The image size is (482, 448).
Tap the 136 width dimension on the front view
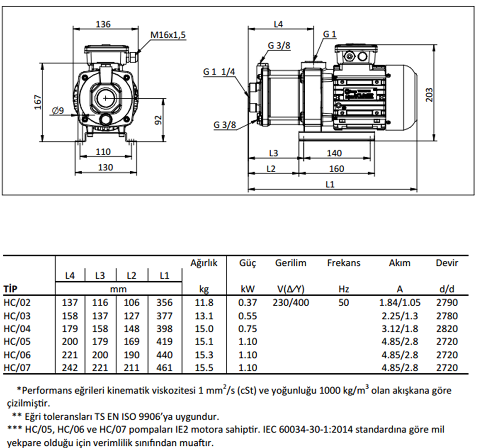[x=104, y=24]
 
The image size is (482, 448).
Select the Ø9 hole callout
[x=58, y=110]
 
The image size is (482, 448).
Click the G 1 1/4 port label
[x=219, y=72]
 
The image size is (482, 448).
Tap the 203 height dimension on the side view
[x=430, y=94]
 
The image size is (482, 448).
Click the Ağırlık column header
[x=204, y=263]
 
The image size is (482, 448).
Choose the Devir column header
[x=447, y=263]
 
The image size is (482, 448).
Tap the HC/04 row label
[x=17, y=328]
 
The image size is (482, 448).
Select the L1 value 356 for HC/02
[x=164, y=302]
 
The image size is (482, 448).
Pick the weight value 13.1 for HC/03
[x=204, y=316]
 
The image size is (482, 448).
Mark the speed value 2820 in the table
[x=447, y=328]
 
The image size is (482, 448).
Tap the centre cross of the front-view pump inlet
[x=106, y=97]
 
